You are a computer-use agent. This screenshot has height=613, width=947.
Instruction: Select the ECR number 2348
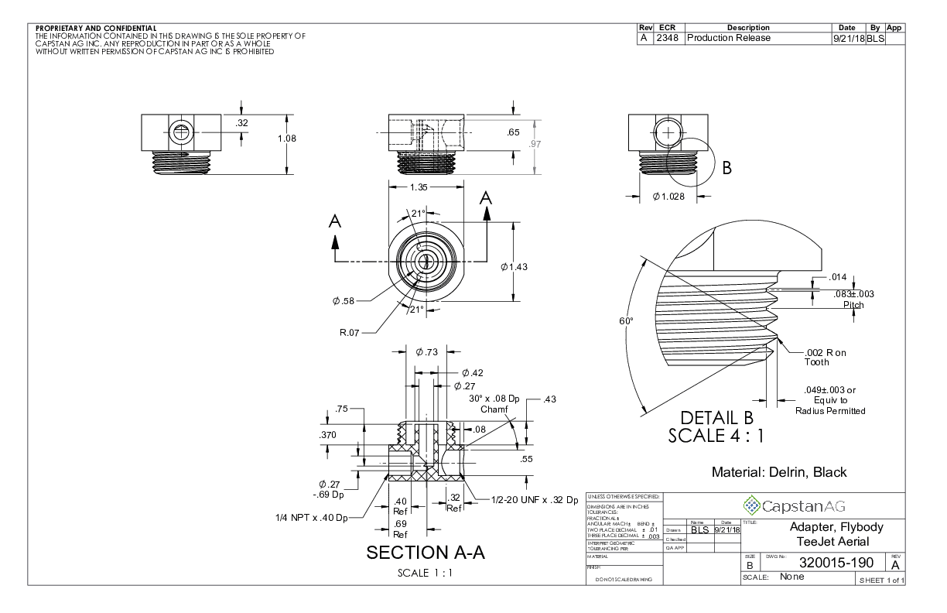tap(668, 38)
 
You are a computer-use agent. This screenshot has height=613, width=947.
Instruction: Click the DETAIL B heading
tap(715, 417)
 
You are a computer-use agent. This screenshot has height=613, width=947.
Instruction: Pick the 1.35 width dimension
tap(419, 187)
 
